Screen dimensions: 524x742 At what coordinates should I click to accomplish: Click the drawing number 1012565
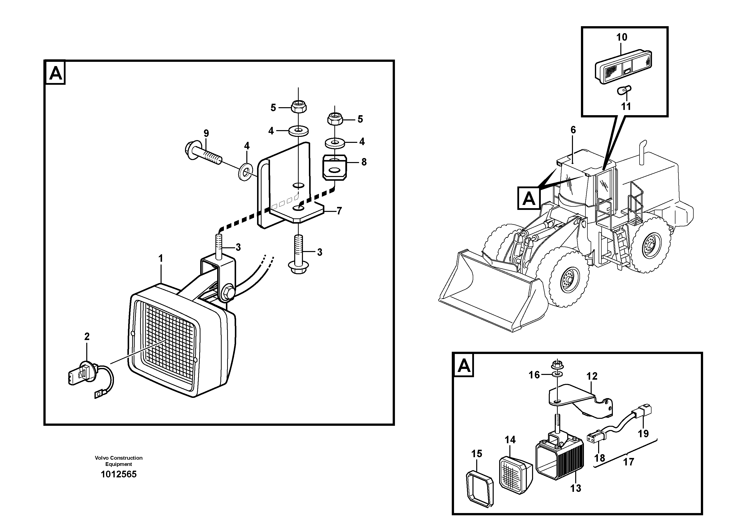(x=119, y=474)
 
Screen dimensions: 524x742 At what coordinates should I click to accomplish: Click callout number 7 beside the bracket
(x=339, y=211)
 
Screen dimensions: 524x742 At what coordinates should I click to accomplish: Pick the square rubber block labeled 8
(x=335, y=167)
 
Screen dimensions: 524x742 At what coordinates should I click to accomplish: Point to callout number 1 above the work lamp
(x=161, y=259)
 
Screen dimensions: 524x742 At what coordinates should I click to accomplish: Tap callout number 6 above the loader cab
(x=573, y=130)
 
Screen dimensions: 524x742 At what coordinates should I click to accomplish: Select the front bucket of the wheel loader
(x=491, y=291)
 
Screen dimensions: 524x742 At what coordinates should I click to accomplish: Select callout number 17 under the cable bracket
(x=628, y=462)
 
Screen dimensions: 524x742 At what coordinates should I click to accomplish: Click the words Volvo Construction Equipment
(x=119, y=461)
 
